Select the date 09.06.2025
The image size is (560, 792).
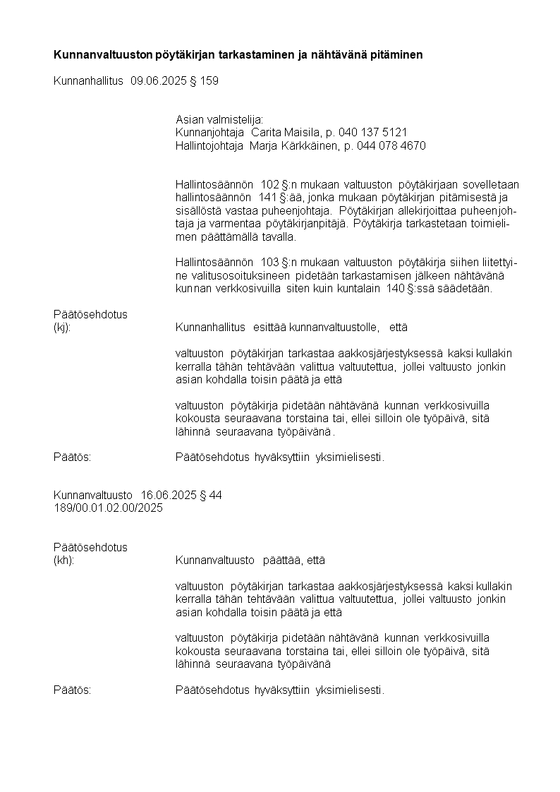159,81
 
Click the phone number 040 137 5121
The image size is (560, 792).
373,133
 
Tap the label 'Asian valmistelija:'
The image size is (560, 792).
219,120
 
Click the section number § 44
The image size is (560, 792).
212,496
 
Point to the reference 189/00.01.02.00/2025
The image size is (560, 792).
108,508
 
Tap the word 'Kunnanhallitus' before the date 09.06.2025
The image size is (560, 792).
89,81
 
